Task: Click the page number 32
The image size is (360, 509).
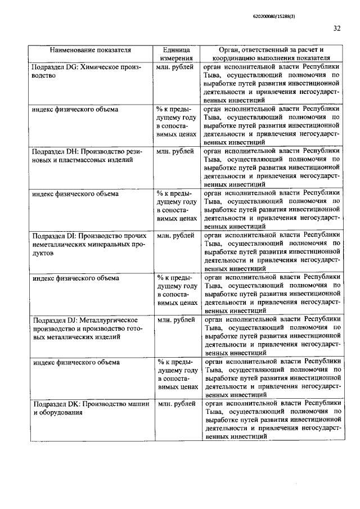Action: [x=337, y=28]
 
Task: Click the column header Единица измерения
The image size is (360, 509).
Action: [x=177, y=53]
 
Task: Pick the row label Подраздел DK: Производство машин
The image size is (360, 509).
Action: [x=90, y=404]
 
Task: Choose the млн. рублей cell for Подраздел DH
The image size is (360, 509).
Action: [x=176, y=151]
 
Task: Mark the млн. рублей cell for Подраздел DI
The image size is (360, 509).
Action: [x=176, y=236]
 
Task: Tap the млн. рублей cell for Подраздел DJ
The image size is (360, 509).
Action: [x=176, y=319]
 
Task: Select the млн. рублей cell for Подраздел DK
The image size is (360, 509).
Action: [x=176, y=404]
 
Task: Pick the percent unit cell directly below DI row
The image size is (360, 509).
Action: [x=177, y=290]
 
